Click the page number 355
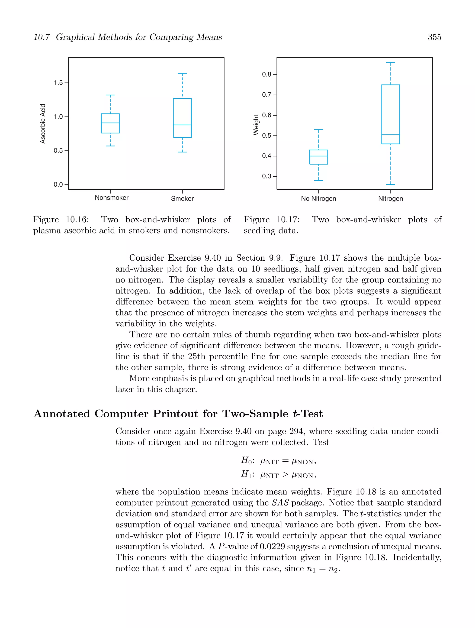(434, 37)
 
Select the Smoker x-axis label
(182, 198)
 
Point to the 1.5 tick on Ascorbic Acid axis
(58, 83)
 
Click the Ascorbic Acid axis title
(43, 123)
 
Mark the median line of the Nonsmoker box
(110, 123)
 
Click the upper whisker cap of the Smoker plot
(182, 73)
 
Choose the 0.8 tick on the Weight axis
(267, 74)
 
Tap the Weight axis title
(256, 125)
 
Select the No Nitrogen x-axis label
(318, 198)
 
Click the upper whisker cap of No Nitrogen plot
(318, 130)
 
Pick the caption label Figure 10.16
(61, 220)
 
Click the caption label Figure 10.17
(272, 220)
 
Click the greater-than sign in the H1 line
(285, 474)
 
